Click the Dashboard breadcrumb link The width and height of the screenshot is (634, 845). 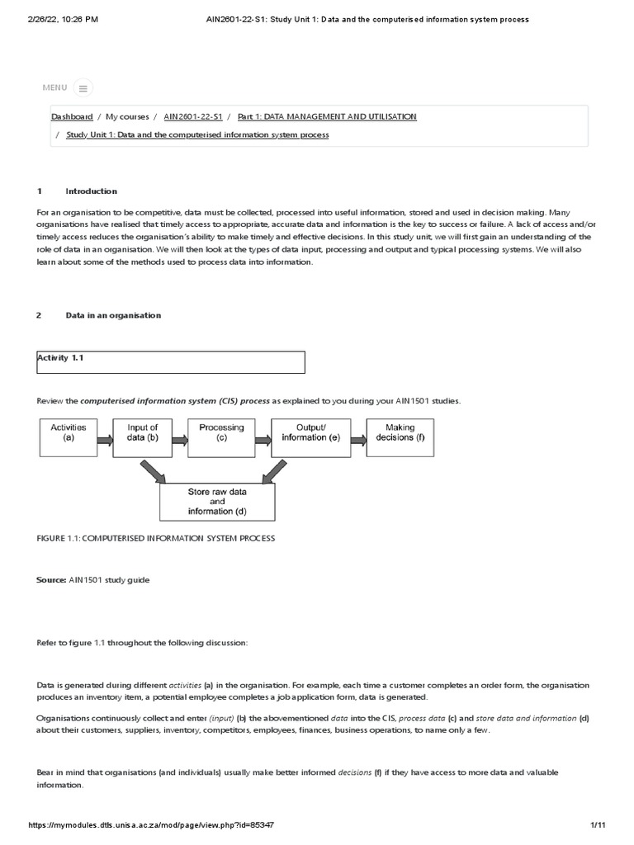tap(72, 117)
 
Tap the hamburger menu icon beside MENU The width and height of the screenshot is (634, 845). tap(83, 87)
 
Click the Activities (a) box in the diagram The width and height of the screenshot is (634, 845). tap(69, 437)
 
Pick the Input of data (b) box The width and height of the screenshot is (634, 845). tap(142, 437)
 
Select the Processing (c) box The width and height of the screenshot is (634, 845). tap(221, 437)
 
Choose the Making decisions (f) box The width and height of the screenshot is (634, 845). tap(400, 437)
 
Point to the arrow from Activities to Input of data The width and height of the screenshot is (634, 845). tap(105, 440)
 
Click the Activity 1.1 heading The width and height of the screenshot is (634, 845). tap(61, 357)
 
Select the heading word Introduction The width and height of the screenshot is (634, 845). tap(92, 191)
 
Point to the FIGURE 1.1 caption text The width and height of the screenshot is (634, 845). tap(156, 538)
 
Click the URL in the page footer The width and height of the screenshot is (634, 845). tap(151, 825)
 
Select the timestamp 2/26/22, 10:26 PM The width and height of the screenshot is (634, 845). tap(63, 18)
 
